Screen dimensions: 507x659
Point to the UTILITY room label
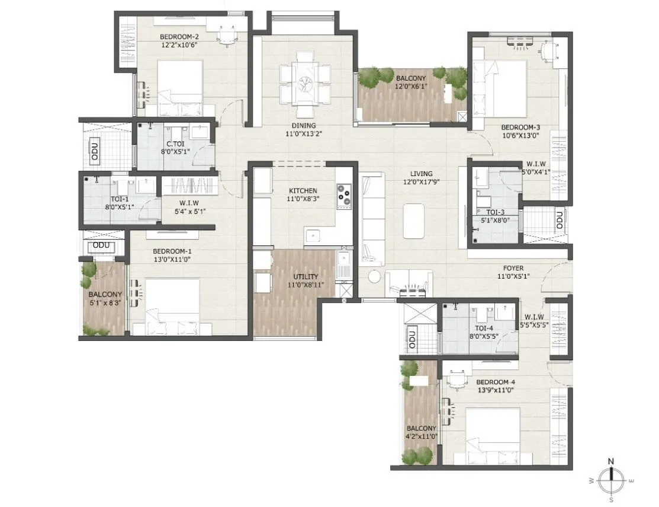(x=306, y=276)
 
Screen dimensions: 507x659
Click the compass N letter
(x=612, y=461)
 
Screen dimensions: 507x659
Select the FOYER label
(x=510, y=268)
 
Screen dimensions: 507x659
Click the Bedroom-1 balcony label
(x=105, y=294)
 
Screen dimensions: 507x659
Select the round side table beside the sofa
(x=374, y=276)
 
